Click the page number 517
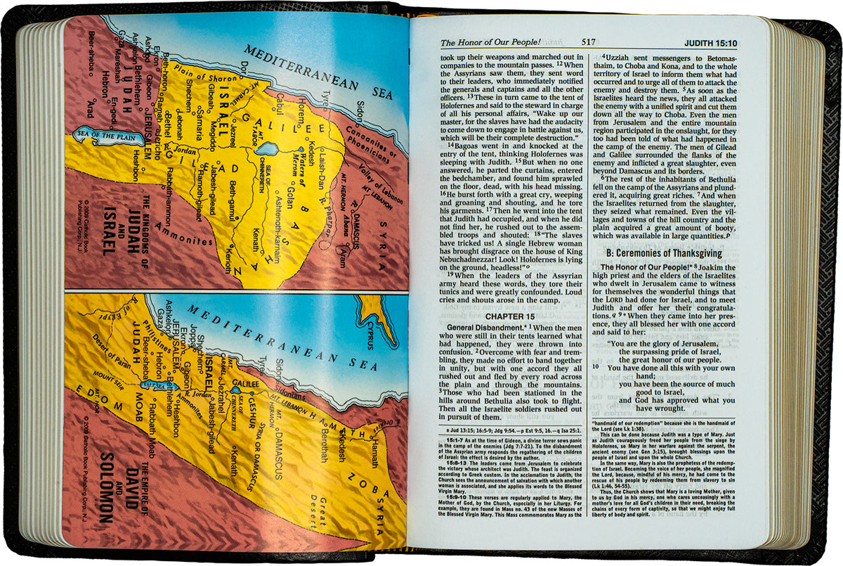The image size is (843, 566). pos(589,42)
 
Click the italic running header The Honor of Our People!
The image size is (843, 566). pos(483,42)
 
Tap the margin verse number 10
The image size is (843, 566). pos(595,367)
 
